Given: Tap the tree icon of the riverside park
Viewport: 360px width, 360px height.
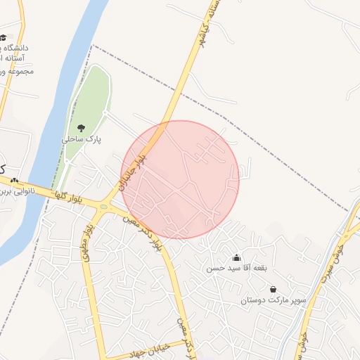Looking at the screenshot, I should click(82, 128).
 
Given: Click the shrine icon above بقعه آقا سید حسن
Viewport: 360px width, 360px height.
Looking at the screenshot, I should click(236, 257).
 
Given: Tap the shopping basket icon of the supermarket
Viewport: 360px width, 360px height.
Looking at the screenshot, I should click(273, 289).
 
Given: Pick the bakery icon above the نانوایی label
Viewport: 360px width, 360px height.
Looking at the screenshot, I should click(14, 180).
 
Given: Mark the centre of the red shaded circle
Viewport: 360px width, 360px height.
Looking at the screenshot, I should click(181, 179).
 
